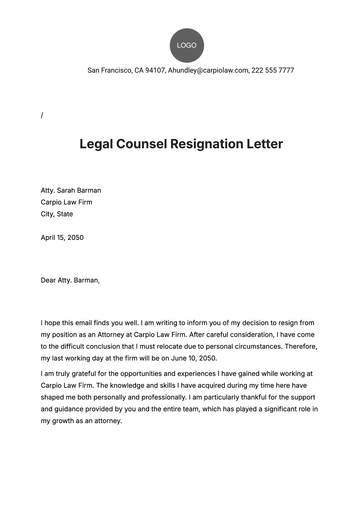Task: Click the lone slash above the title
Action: [42, 115]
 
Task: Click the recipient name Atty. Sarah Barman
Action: [70, 189]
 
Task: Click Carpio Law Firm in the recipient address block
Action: [67, 201]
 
